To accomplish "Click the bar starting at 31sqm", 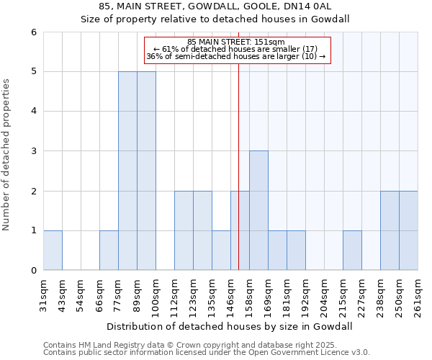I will [x=53, y=251].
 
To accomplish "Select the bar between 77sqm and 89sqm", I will [x=127, y=171].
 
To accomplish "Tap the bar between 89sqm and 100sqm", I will [x=146, y=171].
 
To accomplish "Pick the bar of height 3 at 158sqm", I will [x=258, y=210].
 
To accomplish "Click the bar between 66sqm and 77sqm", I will [x=109, y=251].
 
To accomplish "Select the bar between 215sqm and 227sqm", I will [x=352, y=251].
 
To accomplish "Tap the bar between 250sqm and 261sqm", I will [x=408, y=230].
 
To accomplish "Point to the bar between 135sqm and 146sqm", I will [x=221, y=251].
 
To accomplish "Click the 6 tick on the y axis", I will [x=33, y=32].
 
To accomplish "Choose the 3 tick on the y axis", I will [x=33, y=151].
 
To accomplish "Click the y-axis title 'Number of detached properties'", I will [x=6, y=155].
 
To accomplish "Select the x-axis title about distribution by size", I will [x=230, y=326].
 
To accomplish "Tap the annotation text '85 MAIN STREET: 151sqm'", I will [x=236, y=42].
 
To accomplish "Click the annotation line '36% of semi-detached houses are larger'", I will [x=236, y=56].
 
